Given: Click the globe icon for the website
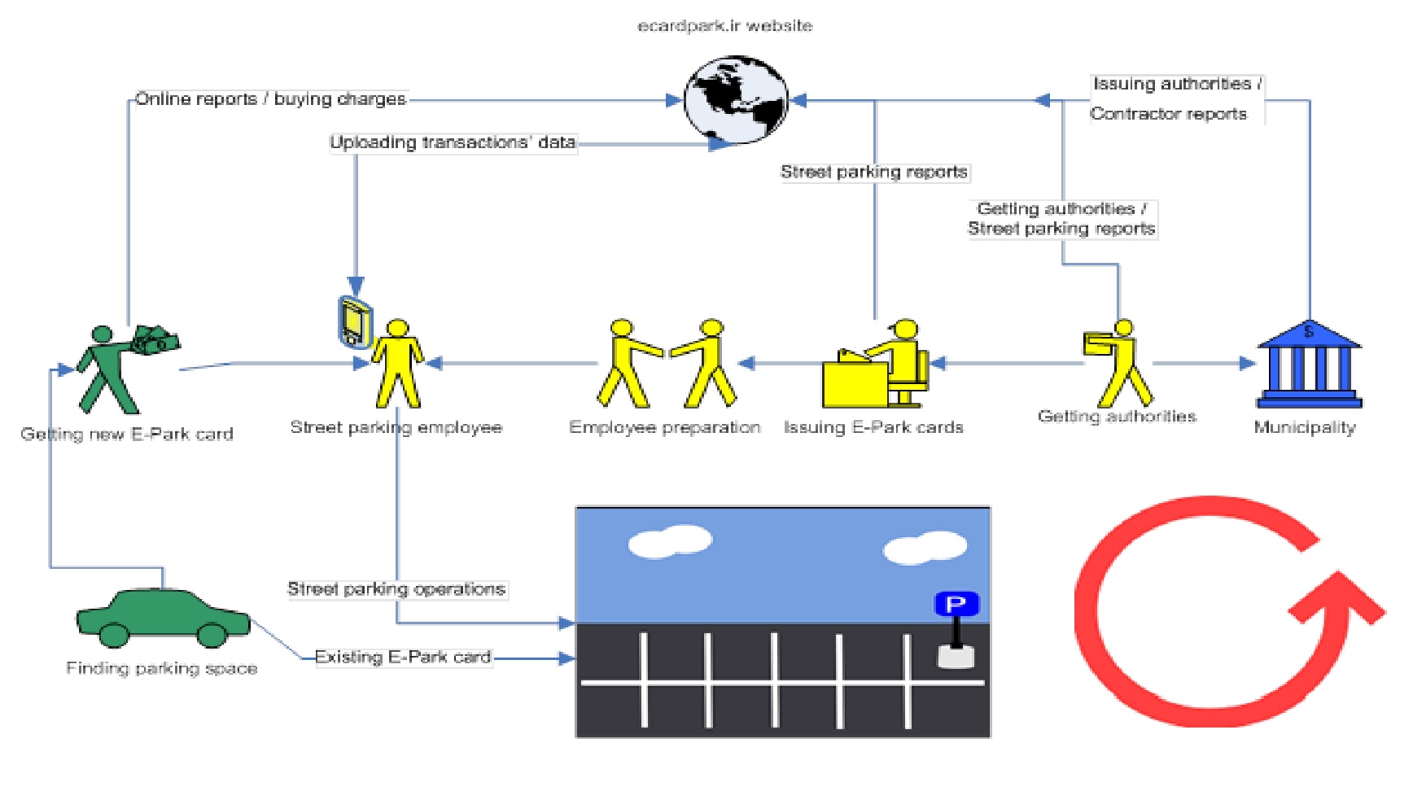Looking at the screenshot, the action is click(x=736, y=99).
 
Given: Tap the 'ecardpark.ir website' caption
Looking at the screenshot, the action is click(x=724, y=26).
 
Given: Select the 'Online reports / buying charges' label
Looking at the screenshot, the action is click(x=270, y=99).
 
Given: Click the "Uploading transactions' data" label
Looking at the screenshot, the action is click(x=453, y=143).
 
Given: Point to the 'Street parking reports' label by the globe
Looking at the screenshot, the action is click(x=874, y=172).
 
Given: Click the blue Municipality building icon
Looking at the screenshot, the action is click(x=1309, y=364).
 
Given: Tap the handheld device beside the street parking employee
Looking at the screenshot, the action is click(x=355, y=322).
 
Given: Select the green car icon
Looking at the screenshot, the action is click(x=163, y=618).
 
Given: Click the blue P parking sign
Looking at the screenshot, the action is click(x=956, y=605).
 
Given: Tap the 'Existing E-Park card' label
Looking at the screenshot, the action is click(x=403, y=657).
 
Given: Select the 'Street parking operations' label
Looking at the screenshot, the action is click(x=396, y=589).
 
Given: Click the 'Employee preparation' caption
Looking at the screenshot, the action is click(x=665, y=427).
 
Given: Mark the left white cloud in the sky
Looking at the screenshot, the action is click(x=671, y=542).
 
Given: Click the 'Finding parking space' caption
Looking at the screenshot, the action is click(x=162, y=668).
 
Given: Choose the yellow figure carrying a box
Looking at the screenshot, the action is click(x=1118, y=363).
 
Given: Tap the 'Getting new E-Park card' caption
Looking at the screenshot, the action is click(x=127, y=434).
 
